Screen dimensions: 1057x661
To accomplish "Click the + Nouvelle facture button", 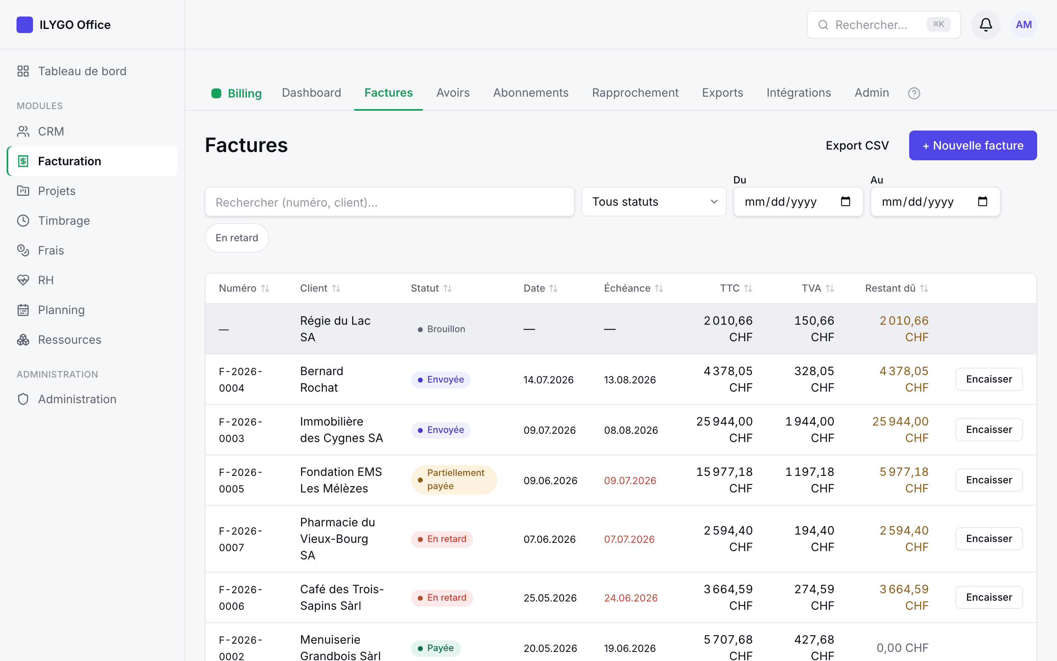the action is [973, 145].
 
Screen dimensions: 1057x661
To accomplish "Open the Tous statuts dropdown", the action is [654, 202].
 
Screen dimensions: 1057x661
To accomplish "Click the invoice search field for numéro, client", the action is [390, 202].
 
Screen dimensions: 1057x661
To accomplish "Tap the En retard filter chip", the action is [237, 238].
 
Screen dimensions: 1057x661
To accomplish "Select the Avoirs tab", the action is [453, 93].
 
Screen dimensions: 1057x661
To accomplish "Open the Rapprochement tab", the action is [635, 93].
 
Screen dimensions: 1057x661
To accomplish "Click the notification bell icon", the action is [986, 24].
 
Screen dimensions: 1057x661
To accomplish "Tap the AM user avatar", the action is [1024, 24].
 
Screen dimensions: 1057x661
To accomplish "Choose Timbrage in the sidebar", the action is [64, 220].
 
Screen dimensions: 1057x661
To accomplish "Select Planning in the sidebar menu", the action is [61, 310].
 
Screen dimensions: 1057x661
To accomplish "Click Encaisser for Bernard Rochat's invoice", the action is [989, 379].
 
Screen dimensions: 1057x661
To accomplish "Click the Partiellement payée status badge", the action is [454, 480].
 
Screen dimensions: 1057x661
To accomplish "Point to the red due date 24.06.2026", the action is [631, 598].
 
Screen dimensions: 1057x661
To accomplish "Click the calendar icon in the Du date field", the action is [846, 202].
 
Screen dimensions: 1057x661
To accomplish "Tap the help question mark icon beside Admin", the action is [914, 93].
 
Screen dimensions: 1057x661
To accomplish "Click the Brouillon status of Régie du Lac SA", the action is [441, 329].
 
